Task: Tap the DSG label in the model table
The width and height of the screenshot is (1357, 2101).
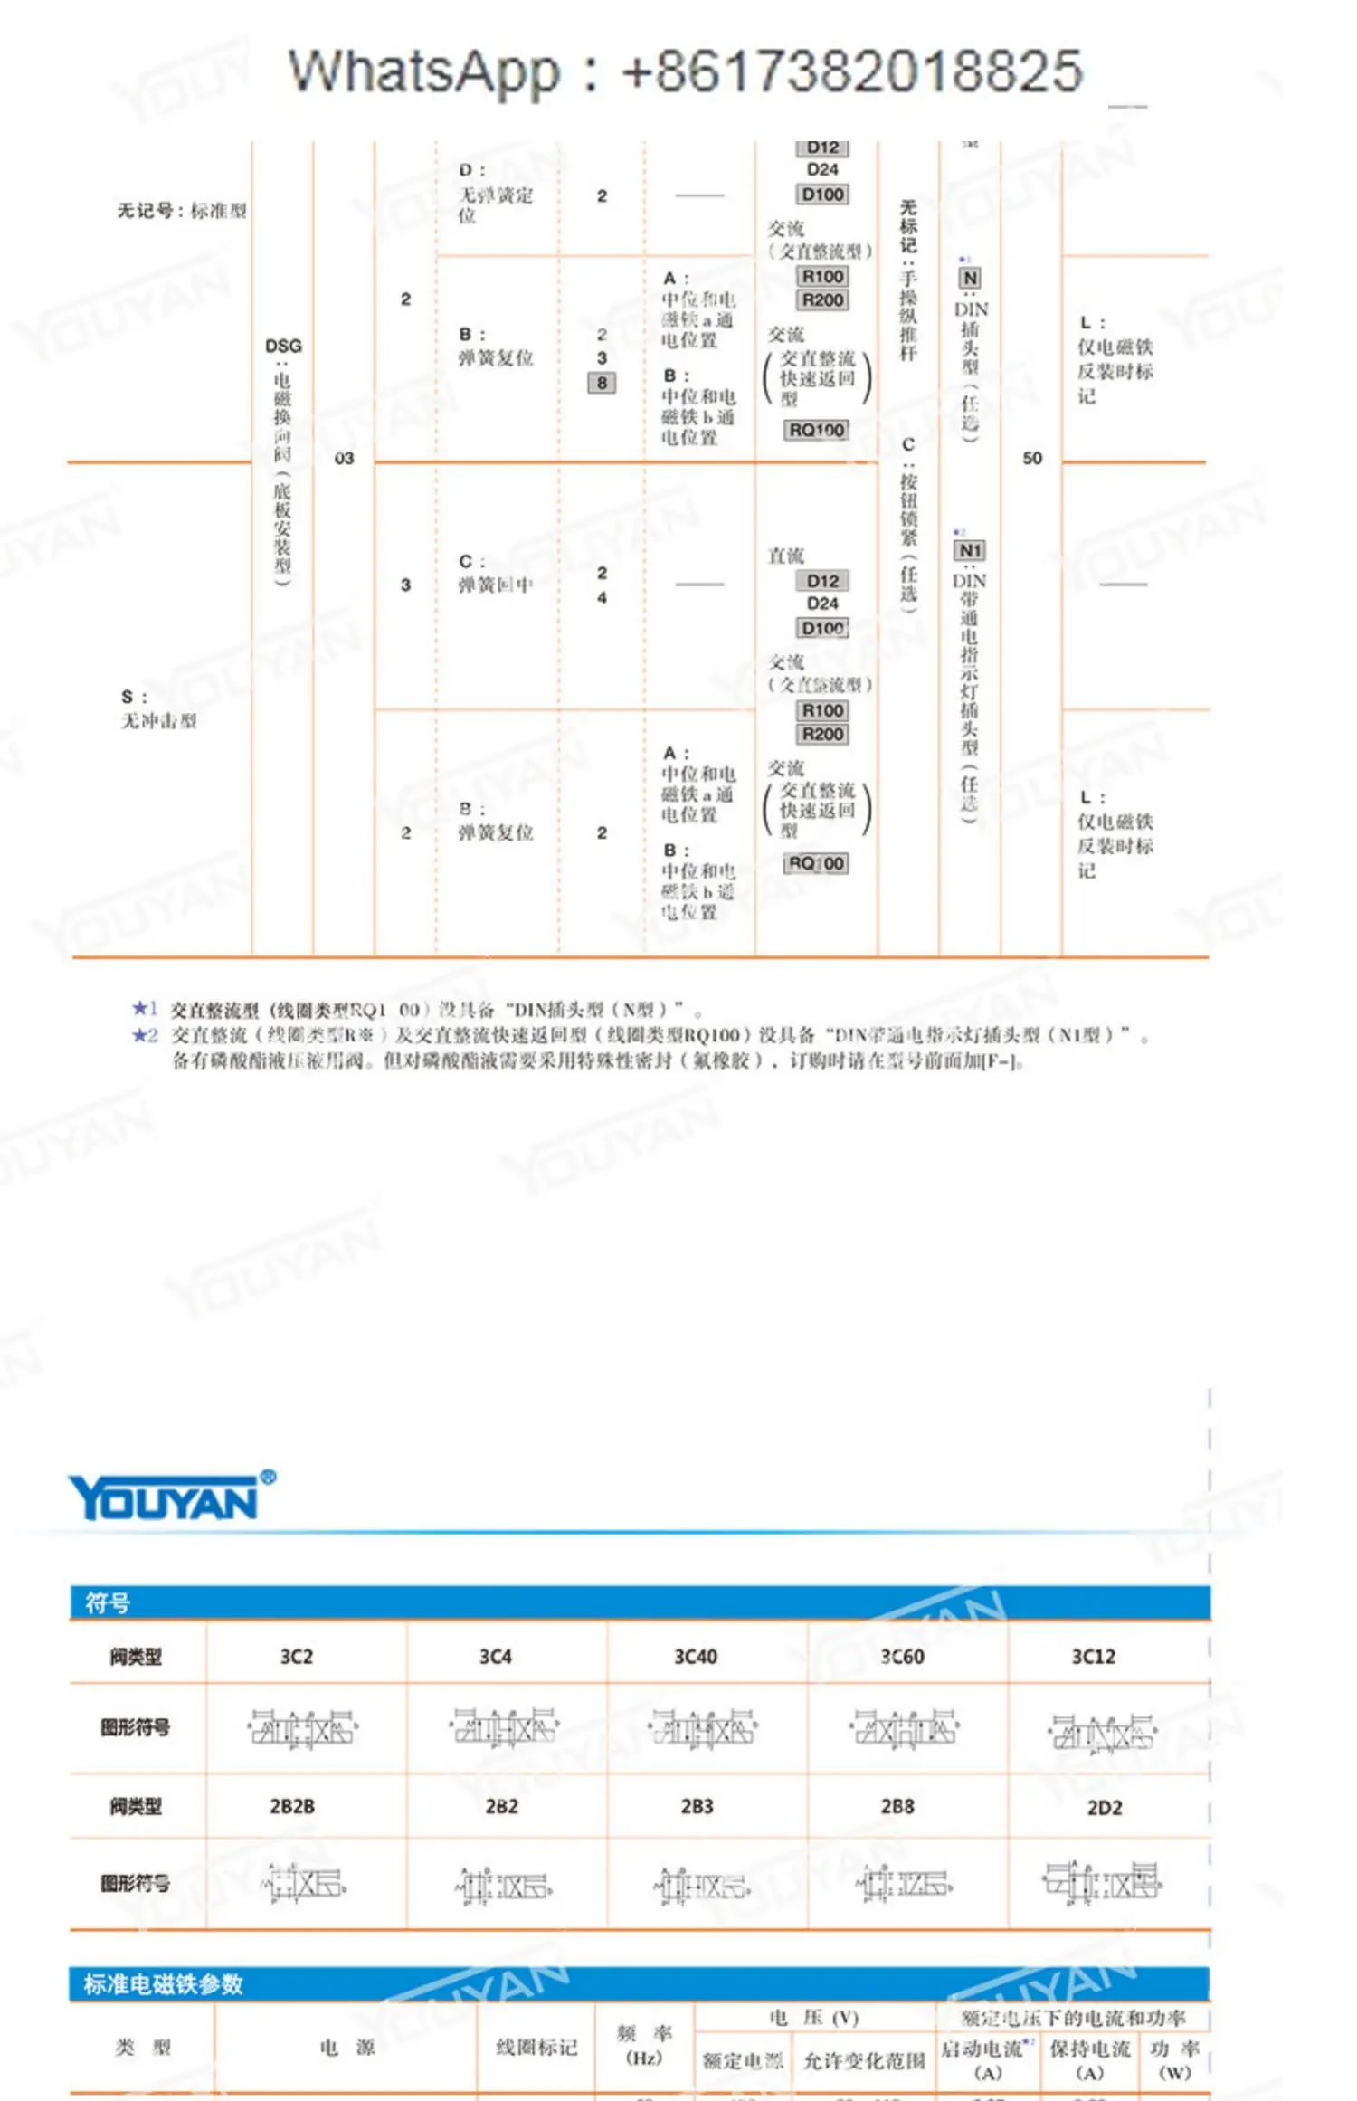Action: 283,346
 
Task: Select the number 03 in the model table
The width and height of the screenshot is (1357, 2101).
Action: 344,458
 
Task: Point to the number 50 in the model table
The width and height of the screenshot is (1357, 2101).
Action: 1032,458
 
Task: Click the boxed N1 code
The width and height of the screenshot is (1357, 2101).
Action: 969,550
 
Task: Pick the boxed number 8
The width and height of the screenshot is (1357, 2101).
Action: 602,383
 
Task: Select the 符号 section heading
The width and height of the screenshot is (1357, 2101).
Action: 108,1603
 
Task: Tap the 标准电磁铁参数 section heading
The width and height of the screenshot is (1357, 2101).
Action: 163,1984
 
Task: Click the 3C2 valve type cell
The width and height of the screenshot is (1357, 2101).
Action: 296,1657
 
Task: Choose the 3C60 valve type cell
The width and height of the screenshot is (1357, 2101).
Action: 902,1657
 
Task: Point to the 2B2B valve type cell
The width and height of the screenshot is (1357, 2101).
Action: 292,1806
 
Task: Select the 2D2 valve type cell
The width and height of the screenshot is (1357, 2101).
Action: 1104,1807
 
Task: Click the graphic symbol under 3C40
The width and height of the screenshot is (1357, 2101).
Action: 703,1729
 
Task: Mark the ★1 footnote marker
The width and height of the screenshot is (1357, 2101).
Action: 145,1008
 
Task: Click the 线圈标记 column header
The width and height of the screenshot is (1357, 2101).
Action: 536,2047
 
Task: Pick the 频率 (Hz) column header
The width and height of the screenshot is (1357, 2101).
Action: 644,2045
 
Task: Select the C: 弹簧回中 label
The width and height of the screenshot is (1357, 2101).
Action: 494,574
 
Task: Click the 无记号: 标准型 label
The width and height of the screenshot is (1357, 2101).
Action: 181,211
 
